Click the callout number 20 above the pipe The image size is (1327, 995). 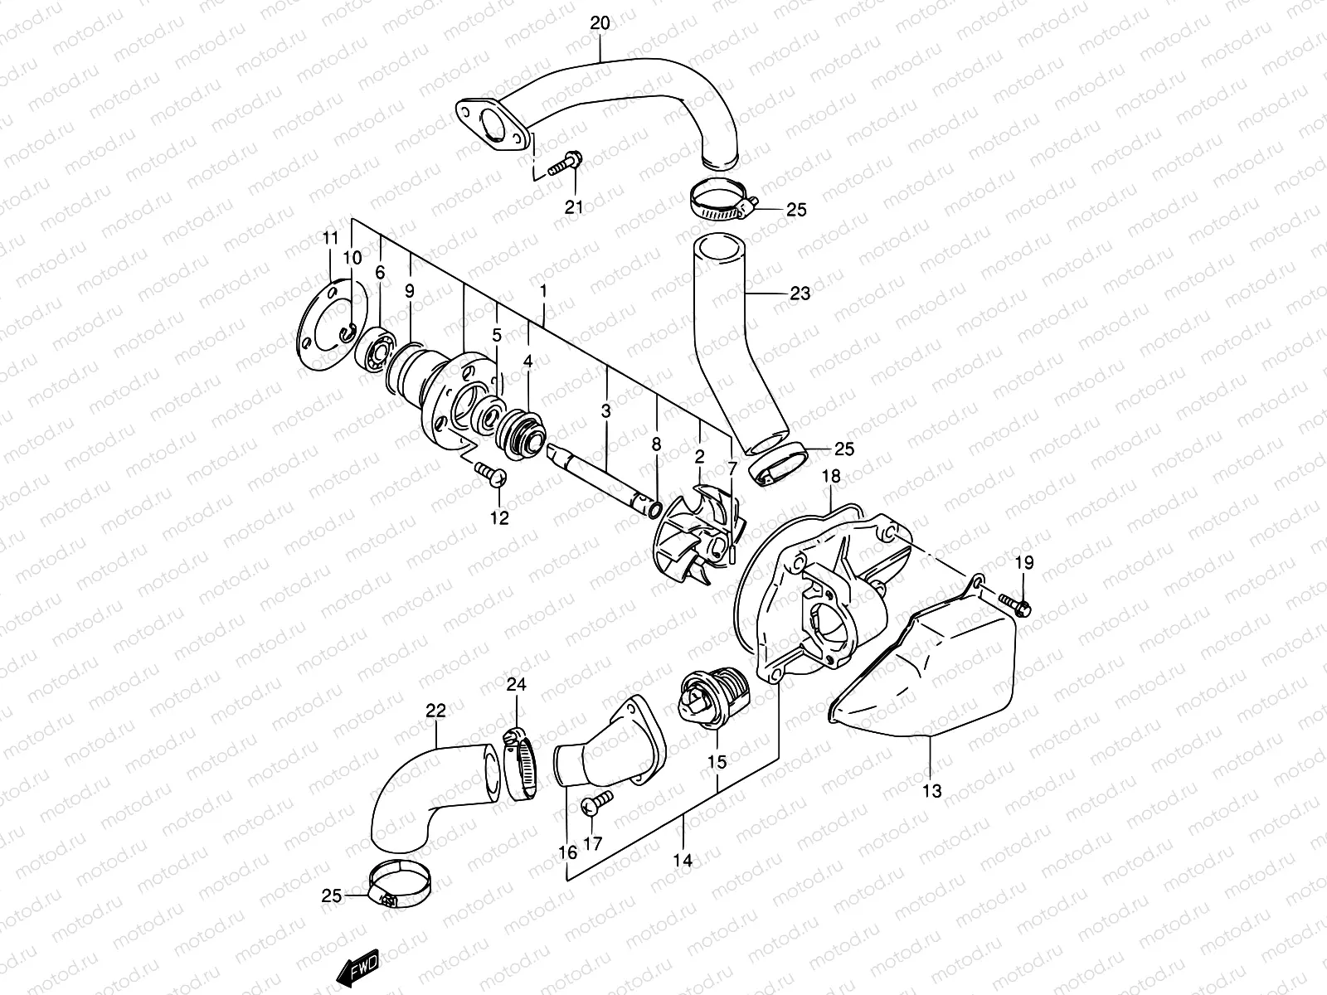(x=600, y=23)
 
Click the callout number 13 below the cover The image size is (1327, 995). (x=932, y=791)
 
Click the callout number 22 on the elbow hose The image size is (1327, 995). (x=436, y=711)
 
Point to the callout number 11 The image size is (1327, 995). (x=330, y=238)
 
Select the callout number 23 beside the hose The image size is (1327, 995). (x=800, y=293)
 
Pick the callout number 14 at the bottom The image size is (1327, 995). (x=682, y=861)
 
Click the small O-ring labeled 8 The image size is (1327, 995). (x=654, y=507)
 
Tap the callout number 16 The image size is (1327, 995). (x=567, y=852)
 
